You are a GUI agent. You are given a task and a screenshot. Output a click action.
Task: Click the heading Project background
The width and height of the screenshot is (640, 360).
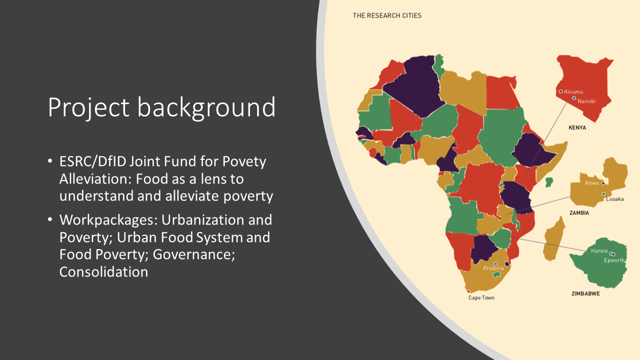point(161,107)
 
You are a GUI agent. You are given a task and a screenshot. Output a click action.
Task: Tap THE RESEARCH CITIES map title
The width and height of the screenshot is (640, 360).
point(387,15)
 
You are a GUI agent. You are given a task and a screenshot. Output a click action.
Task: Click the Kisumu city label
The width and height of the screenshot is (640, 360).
point(573,91)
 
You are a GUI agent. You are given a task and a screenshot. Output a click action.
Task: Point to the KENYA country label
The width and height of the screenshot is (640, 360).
point(577,127)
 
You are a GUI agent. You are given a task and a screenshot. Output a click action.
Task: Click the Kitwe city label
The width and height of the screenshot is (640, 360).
point(591,183)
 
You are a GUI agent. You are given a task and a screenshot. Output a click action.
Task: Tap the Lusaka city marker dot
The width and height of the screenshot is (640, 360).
point(603,194)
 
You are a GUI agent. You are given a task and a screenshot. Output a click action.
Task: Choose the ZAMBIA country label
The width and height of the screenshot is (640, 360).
point(579,213)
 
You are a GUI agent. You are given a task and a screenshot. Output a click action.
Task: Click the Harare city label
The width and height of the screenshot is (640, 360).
point(599,251)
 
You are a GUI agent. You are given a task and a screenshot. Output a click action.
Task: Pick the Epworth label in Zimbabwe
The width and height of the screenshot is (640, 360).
point(614,260)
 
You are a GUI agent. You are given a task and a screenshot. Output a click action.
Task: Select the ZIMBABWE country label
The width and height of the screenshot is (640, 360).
point(585,293)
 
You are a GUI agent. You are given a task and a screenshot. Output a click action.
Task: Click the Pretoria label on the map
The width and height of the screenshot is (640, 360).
point(493,268)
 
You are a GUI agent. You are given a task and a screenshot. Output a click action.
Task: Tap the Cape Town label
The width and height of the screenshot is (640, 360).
point(481,297)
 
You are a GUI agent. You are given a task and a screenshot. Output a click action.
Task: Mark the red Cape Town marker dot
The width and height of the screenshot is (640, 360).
point(468,291)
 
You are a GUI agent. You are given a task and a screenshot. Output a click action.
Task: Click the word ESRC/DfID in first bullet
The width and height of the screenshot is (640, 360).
point(92,161)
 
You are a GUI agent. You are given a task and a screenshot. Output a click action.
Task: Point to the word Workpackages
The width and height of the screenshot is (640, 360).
point(108,220)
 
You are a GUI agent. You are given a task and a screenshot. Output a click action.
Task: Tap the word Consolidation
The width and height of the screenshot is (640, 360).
point(103,271)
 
